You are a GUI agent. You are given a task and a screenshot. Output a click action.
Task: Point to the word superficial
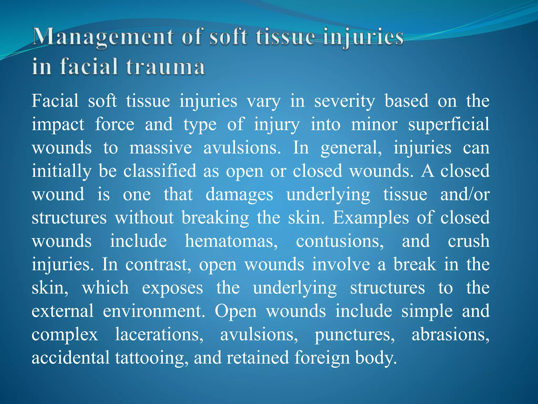[x=449, y=125]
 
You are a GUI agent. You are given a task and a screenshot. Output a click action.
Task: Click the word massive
[x=161, y=148]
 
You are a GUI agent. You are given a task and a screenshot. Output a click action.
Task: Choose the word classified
[x=160, y=171]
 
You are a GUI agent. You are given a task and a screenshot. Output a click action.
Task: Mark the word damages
[x=239, y=195]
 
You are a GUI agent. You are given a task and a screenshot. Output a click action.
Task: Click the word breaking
[x=215, y=218]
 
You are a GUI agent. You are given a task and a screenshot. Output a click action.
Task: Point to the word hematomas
[x=231, y=241]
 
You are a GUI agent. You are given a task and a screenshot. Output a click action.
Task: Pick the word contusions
[x=340, y=241]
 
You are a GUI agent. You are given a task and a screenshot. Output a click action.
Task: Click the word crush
[x=469, y=241]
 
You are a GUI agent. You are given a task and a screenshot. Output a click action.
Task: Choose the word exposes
[x=172, y=288]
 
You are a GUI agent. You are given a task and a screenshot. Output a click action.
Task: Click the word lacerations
[x=159, y=335]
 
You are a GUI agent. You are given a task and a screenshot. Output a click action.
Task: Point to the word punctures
[x=355, y=335]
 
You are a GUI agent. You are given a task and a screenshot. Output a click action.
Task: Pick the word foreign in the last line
[x=322, y=358]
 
